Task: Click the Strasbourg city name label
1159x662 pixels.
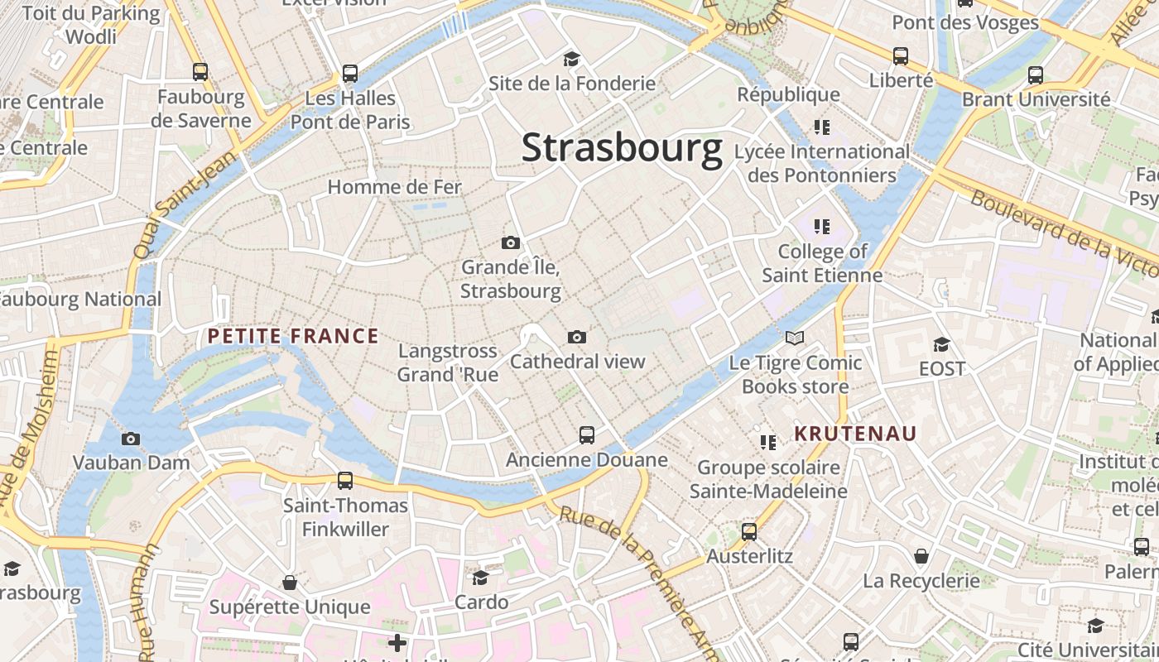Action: [622, 149]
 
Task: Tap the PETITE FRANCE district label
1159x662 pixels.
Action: [293, 336]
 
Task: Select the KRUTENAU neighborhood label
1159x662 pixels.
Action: [856, 434]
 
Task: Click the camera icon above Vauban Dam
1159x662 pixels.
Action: [131, 439]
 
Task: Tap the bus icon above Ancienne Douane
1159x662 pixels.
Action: [587, 434]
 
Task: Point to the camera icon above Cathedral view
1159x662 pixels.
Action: [577, 337]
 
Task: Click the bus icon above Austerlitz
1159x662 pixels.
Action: [749, 532]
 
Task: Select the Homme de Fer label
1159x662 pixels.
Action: [395, 187]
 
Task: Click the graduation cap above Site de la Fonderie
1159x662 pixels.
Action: [571, 59]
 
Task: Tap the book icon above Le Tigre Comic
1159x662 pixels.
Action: [795, 338]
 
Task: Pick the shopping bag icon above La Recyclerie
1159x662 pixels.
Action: [921, 556]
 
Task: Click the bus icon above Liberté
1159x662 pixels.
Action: [901, 56]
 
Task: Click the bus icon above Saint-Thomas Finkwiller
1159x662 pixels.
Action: [345, 480]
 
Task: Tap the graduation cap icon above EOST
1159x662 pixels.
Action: [941, 344]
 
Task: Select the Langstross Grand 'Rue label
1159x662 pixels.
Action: [448, 362]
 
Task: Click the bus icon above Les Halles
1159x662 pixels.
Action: [350, 74]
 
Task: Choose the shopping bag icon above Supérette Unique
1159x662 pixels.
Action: [290, 583]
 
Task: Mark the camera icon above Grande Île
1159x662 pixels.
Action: [511, 242]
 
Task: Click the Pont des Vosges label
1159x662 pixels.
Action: [965, 22]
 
